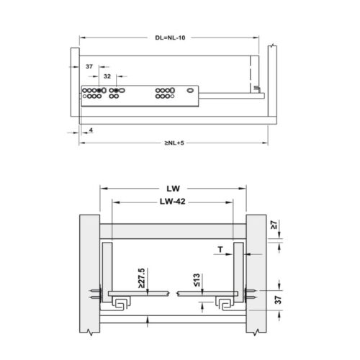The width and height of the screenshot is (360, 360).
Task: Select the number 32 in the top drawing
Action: coord(107,75)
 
